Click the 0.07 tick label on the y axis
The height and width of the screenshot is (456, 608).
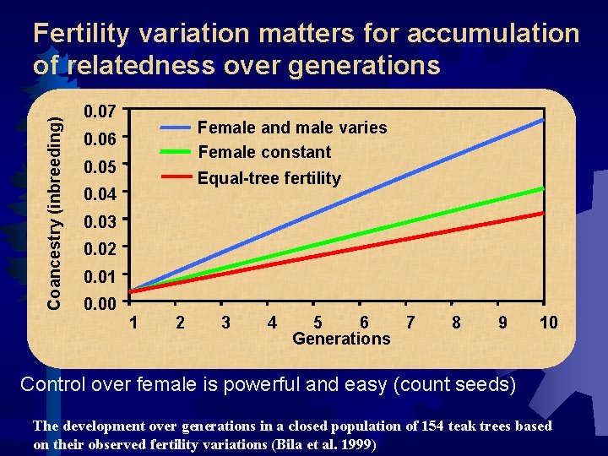coord(100,111)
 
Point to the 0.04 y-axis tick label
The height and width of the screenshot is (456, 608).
coord(100,195)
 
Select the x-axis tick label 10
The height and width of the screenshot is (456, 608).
coord(548,322)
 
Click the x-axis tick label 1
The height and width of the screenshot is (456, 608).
coord(133,322)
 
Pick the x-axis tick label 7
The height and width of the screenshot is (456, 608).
coord(410,322)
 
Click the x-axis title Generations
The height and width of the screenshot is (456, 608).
coord(341,339)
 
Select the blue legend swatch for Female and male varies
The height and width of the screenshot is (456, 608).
coord(176,127)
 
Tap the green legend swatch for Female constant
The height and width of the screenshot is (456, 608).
coord(176,152)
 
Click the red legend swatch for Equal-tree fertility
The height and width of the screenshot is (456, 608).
coord(176,177)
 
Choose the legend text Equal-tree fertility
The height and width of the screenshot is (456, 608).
coord(269,178)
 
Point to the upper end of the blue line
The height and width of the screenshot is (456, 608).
coord(543,120)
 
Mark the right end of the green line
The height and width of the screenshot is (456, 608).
coord(543,188)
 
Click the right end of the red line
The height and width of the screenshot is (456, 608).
coord(543,214)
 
